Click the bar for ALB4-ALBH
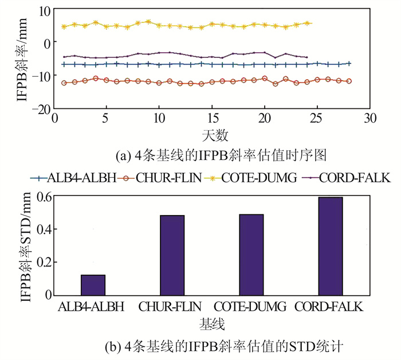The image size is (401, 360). click(x=93, y=285)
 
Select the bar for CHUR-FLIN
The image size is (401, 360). click(x=172, y=255)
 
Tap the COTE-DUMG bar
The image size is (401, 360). click(x=251, y=255)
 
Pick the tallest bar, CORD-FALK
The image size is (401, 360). click(x=331, y=246)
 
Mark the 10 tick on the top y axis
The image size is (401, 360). click(x=45, y=10)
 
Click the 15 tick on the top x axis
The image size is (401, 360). click(x=212, y=118)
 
